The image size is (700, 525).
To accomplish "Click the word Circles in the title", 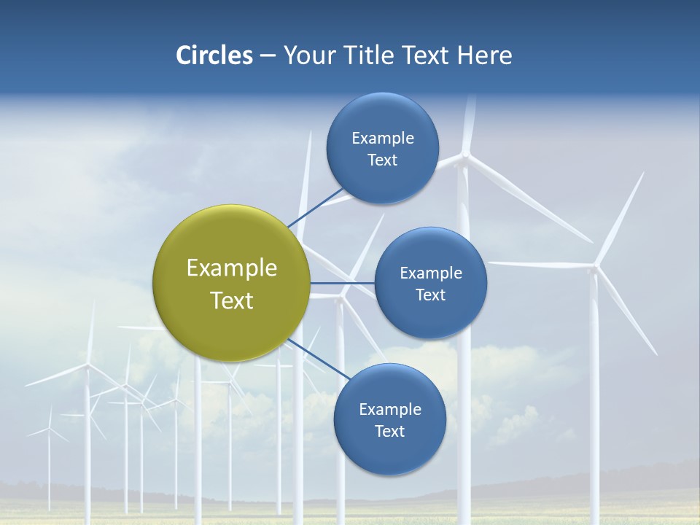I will (x=214, y=55).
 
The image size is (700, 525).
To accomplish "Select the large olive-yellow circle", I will (x=231, y=283).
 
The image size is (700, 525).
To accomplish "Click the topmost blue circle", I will (x=382, y=148).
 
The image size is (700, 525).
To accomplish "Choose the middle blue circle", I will (x=430, y=283).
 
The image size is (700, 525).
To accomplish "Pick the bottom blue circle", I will (x=389, y=419).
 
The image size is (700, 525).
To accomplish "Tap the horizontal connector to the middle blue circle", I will (x=343, y=283).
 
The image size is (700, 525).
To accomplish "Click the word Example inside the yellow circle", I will (x=231, y=268).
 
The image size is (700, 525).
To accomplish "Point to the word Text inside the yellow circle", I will (x=231, y=300).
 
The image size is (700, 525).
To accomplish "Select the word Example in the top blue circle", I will (x=382, y=138).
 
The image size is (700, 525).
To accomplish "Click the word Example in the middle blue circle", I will (x=430, y=273).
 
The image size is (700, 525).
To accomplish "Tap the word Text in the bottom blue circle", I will (x=389, y=431).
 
